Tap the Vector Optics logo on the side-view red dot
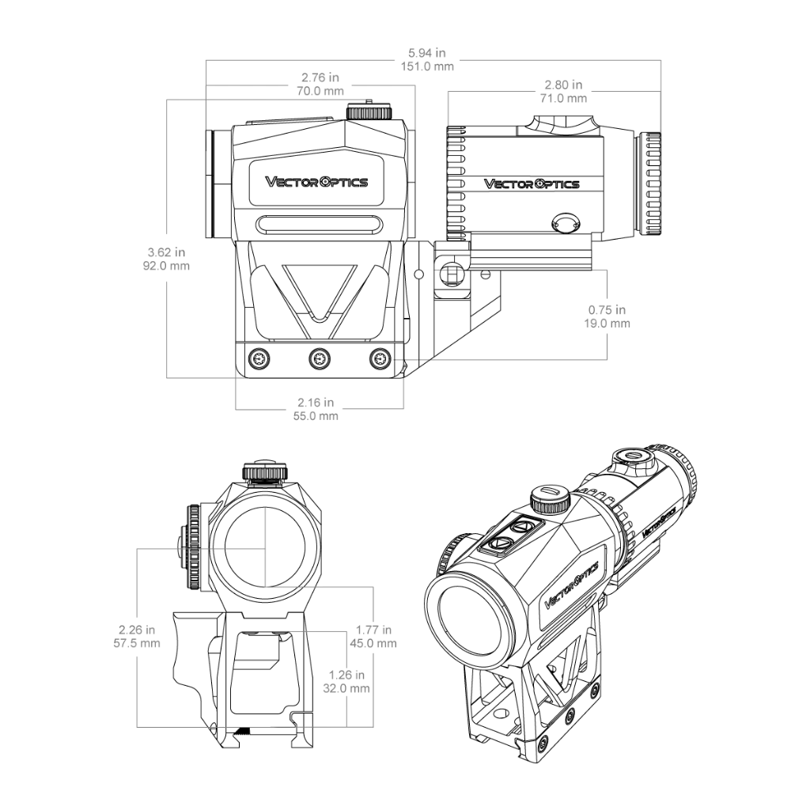[x=316, y=182]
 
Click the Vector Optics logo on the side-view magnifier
[x=532, y=184]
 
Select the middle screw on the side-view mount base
[x=320, y=358]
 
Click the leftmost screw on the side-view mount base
[x=259, y=358]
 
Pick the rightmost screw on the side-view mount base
[x=380, y=358]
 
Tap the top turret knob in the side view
[x=369, y=111]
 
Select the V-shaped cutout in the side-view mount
[x=320, y=294]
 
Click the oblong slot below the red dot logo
[x=320, y=224]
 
